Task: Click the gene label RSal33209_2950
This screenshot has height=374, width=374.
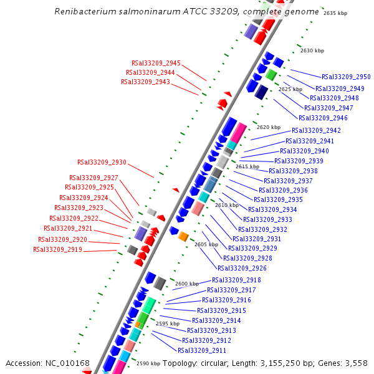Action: [346, 77]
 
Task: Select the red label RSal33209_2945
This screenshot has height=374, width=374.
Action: [156, 63]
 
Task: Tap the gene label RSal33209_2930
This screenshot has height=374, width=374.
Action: [102, 162]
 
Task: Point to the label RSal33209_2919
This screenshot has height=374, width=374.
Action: [57, 250]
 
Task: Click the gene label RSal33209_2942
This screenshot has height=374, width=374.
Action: [316, 131]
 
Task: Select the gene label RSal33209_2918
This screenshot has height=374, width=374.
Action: [236, 280]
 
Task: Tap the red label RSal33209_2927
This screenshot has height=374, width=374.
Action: [93, 178]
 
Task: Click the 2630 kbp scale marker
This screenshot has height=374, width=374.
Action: [312, 50]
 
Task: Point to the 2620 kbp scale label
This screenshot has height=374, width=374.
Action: [269, 127]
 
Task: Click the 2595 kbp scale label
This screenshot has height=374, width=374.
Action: [168, 324]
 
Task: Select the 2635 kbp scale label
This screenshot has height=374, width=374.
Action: [335, 13]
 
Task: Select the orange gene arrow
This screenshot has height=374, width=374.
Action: [183, 236]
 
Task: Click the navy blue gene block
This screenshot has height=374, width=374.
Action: [261, 92]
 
